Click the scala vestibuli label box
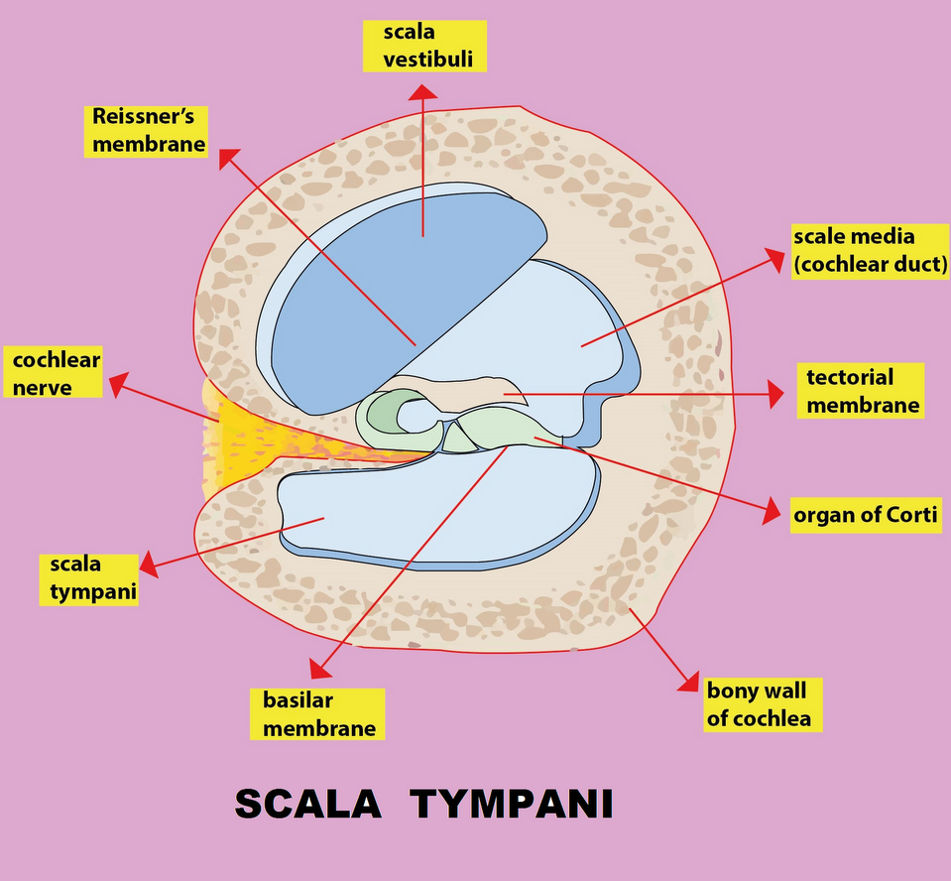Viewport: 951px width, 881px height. pos(423,47)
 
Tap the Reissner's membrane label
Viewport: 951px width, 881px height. pos(149,130)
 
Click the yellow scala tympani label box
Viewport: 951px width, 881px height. pos(89,578)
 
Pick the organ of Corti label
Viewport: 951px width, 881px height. pos(865,515)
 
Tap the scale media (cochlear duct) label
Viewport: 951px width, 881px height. pos(870,251)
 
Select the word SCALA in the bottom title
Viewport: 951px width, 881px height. pos(307,804)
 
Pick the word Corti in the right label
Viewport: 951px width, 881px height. pos(909,515)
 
